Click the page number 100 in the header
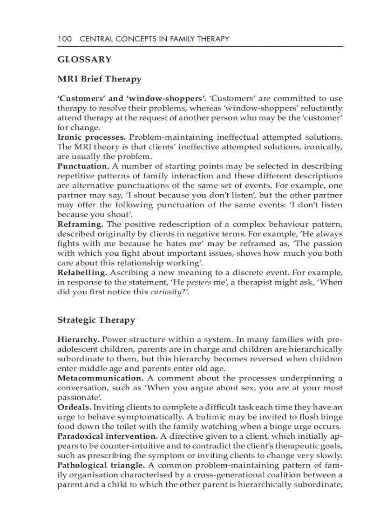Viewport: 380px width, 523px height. [65, 39]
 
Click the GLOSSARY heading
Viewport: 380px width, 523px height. [84, 60]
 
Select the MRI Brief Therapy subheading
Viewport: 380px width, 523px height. [99, 79]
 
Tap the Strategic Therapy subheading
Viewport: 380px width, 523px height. [96, 320]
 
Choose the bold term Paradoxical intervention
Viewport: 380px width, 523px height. [107, 436]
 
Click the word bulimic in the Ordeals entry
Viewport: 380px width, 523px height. [197, 417]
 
